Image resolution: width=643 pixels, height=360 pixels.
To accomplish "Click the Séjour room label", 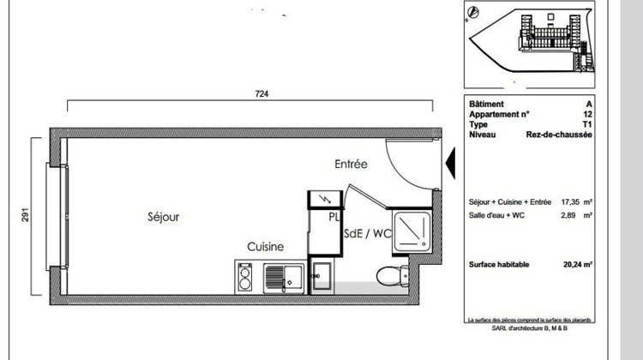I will (162, 218).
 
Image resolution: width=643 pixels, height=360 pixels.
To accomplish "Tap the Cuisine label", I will (266, 247).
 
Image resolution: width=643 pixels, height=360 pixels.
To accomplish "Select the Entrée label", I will (351, 163).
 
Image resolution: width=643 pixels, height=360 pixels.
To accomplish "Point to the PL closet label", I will (334, 218).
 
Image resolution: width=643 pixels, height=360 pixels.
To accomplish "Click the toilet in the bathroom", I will (387, 275).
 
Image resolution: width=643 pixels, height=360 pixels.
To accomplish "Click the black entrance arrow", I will (448, 161).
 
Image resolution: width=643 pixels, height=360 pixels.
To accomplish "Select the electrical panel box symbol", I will (324, 199).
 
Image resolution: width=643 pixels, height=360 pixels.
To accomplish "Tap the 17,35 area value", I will (571, 202).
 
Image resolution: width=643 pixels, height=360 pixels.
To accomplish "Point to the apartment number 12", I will (587, 113).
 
